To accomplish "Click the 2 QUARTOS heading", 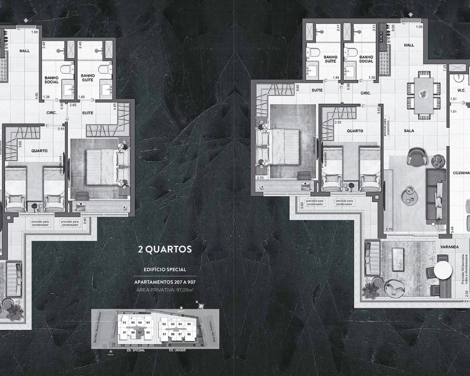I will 164,249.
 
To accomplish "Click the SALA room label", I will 408,130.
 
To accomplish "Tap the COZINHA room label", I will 461,173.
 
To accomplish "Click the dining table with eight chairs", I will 423,95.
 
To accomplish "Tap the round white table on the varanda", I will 442,270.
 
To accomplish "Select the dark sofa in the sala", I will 436,196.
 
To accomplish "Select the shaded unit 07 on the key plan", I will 140,333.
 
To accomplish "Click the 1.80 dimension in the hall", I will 34,32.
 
